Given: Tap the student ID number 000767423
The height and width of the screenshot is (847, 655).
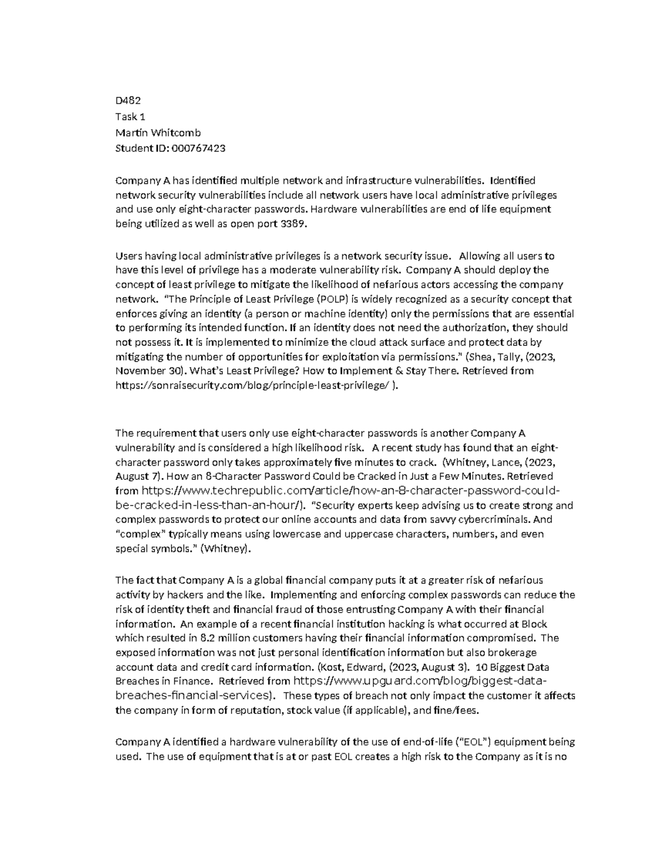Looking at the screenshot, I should click(198, 148).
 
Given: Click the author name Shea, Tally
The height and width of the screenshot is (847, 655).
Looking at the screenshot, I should click(491, 357).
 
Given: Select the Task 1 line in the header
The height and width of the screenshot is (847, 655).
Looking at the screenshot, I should click(130, 117).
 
